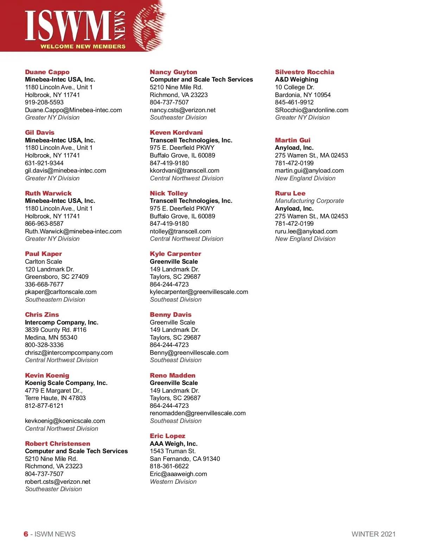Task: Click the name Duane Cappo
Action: (47, 72)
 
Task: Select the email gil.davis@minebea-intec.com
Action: (65, 171)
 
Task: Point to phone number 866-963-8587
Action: (44, 224)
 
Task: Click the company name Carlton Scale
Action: (44, 262)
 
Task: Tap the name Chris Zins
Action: (42, 315)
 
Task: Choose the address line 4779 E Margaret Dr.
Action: (53, 391)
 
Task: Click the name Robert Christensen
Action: (57, 444)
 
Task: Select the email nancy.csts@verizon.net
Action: (183, 110)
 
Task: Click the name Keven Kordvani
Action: (176, 133)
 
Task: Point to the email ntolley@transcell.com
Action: (180, 231)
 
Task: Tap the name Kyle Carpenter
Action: (175, 254)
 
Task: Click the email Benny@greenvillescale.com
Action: (189, 353)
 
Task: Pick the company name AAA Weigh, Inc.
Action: (173, 444)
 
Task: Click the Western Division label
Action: (173, 482)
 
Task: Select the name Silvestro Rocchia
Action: (305, 72)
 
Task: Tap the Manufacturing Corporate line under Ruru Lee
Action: (309, 201)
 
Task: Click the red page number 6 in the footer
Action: (26, 534)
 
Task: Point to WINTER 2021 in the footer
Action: (373, 534)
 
